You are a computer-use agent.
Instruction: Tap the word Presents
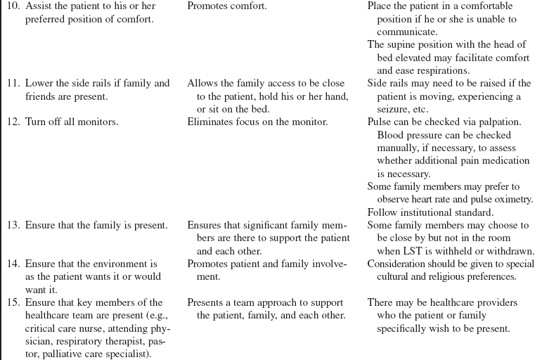point(206,303)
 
